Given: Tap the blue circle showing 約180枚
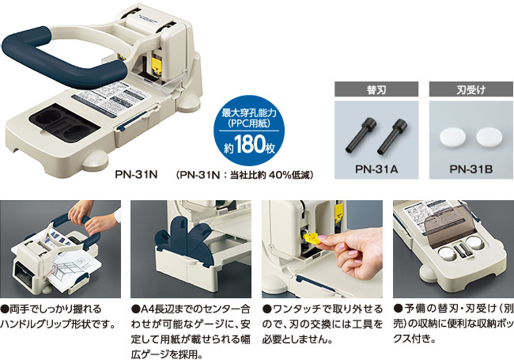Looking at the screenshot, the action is (249, 131).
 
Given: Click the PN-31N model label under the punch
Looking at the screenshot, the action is (136, 174).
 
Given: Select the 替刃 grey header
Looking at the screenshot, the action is (376, 89).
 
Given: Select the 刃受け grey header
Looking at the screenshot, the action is (471, 89).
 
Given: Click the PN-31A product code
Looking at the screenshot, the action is (376, 169).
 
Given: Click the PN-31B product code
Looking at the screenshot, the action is (471, 169).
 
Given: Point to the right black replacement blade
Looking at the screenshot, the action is (392, 137).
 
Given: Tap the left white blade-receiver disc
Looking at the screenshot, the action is (452, 137).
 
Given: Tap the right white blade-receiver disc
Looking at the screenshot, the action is (489, 137).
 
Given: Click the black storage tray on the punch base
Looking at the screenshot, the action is (64, 123).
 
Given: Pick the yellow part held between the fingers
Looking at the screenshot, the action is (312, 238).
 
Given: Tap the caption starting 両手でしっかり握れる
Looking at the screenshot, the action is (59, 316).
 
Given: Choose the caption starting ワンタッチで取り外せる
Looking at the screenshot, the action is (322, 324).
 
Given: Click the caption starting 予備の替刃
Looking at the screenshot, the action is (453, 324).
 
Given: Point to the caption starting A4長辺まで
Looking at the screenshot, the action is (191, 332).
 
